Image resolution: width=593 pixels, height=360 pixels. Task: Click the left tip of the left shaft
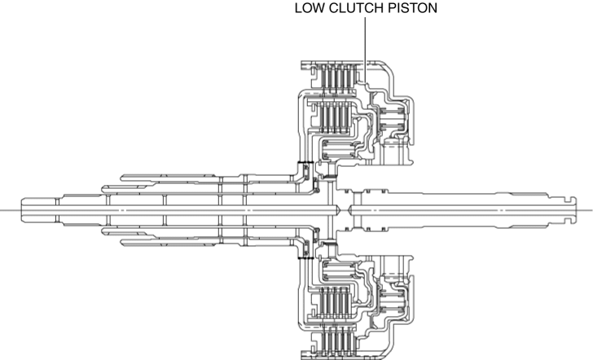click(x=24, y=209)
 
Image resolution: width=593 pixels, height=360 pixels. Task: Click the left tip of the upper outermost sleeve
click(x=123, y=176)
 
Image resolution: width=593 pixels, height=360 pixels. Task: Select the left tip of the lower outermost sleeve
click(x=123, y=243)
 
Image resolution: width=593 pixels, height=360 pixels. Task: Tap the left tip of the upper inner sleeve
click(x=103, y=188)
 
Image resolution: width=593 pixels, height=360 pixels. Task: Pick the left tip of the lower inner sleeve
click(x=103, y=230)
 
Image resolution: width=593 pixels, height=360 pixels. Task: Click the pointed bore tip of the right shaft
click(x=349, y=209)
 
